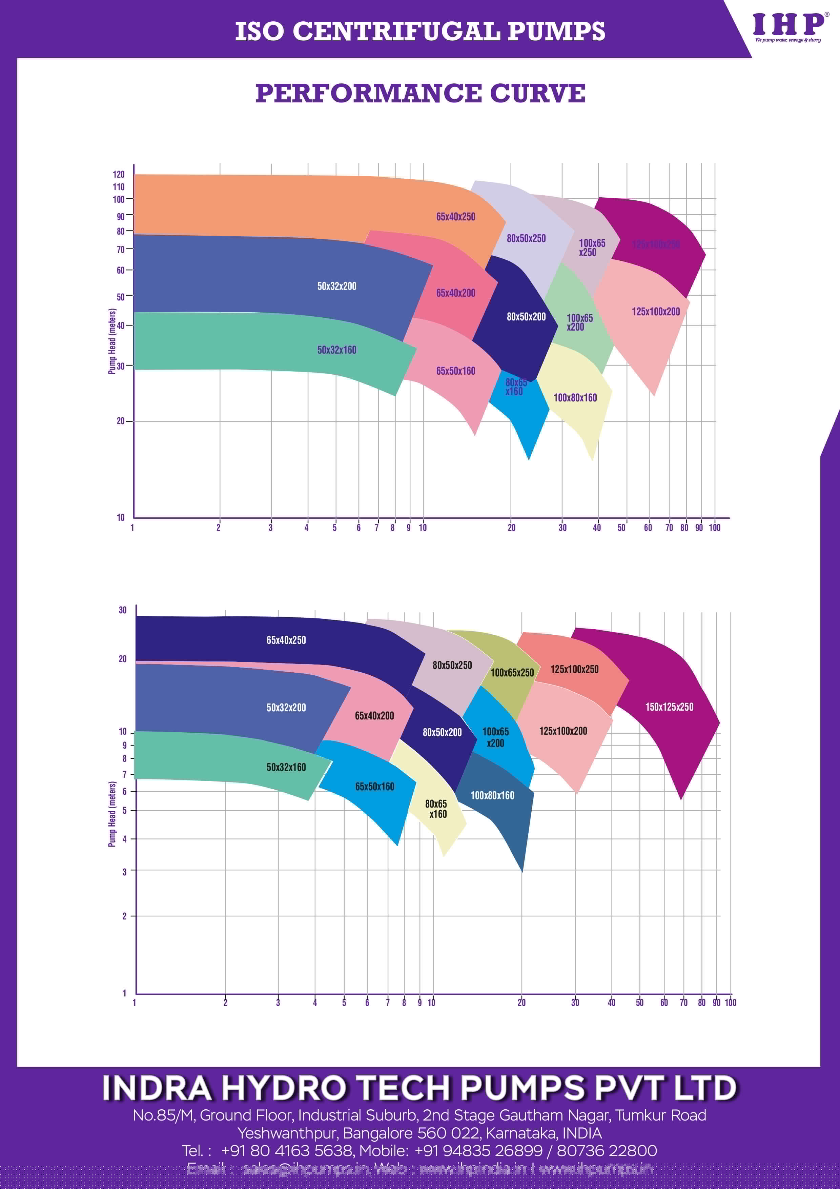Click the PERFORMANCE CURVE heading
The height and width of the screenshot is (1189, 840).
[420, 93]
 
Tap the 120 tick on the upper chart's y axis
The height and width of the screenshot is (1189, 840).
[119, 175]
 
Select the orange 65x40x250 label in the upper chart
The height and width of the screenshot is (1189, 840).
[455, 217]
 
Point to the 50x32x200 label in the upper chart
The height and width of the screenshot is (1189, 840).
[336, 286]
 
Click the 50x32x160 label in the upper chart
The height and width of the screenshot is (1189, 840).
[336, 350]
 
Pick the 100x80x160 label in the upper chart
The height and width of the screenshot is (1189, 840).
[575, 398]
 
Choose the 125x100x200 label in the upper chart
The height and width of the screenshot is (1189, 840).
[655, 312]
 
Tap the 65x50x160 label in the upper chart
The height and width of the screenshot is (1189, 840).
[455, 371]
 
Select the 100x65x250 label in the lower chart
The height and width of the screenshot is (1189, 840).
[512, 673]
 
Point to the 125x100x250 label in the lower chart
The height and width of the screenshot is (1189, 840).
[574, 669]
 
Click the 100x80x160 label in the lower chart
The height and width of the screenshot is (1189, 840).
[492, 795]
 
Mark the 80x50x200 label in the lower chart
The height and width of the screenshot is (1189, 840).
[442, 732]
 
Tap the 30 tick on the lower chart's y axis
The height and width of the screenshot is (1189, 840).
[123, 610]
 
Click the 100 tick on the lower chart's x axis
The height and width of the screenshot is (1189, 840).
[730, 1003]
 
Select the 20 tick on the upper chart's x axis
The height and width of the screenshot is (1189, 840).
[511, 528]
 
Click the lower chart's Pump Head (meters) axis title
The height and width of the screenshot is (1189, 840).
[112, 814]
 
